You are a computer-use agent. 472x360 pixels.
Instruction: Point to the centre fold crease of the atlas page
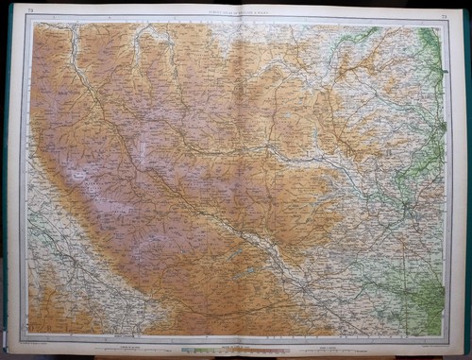[x=236, y=180]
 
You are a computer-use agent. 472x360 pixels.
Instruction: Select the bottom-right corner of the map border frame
[x=446, y=336]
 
